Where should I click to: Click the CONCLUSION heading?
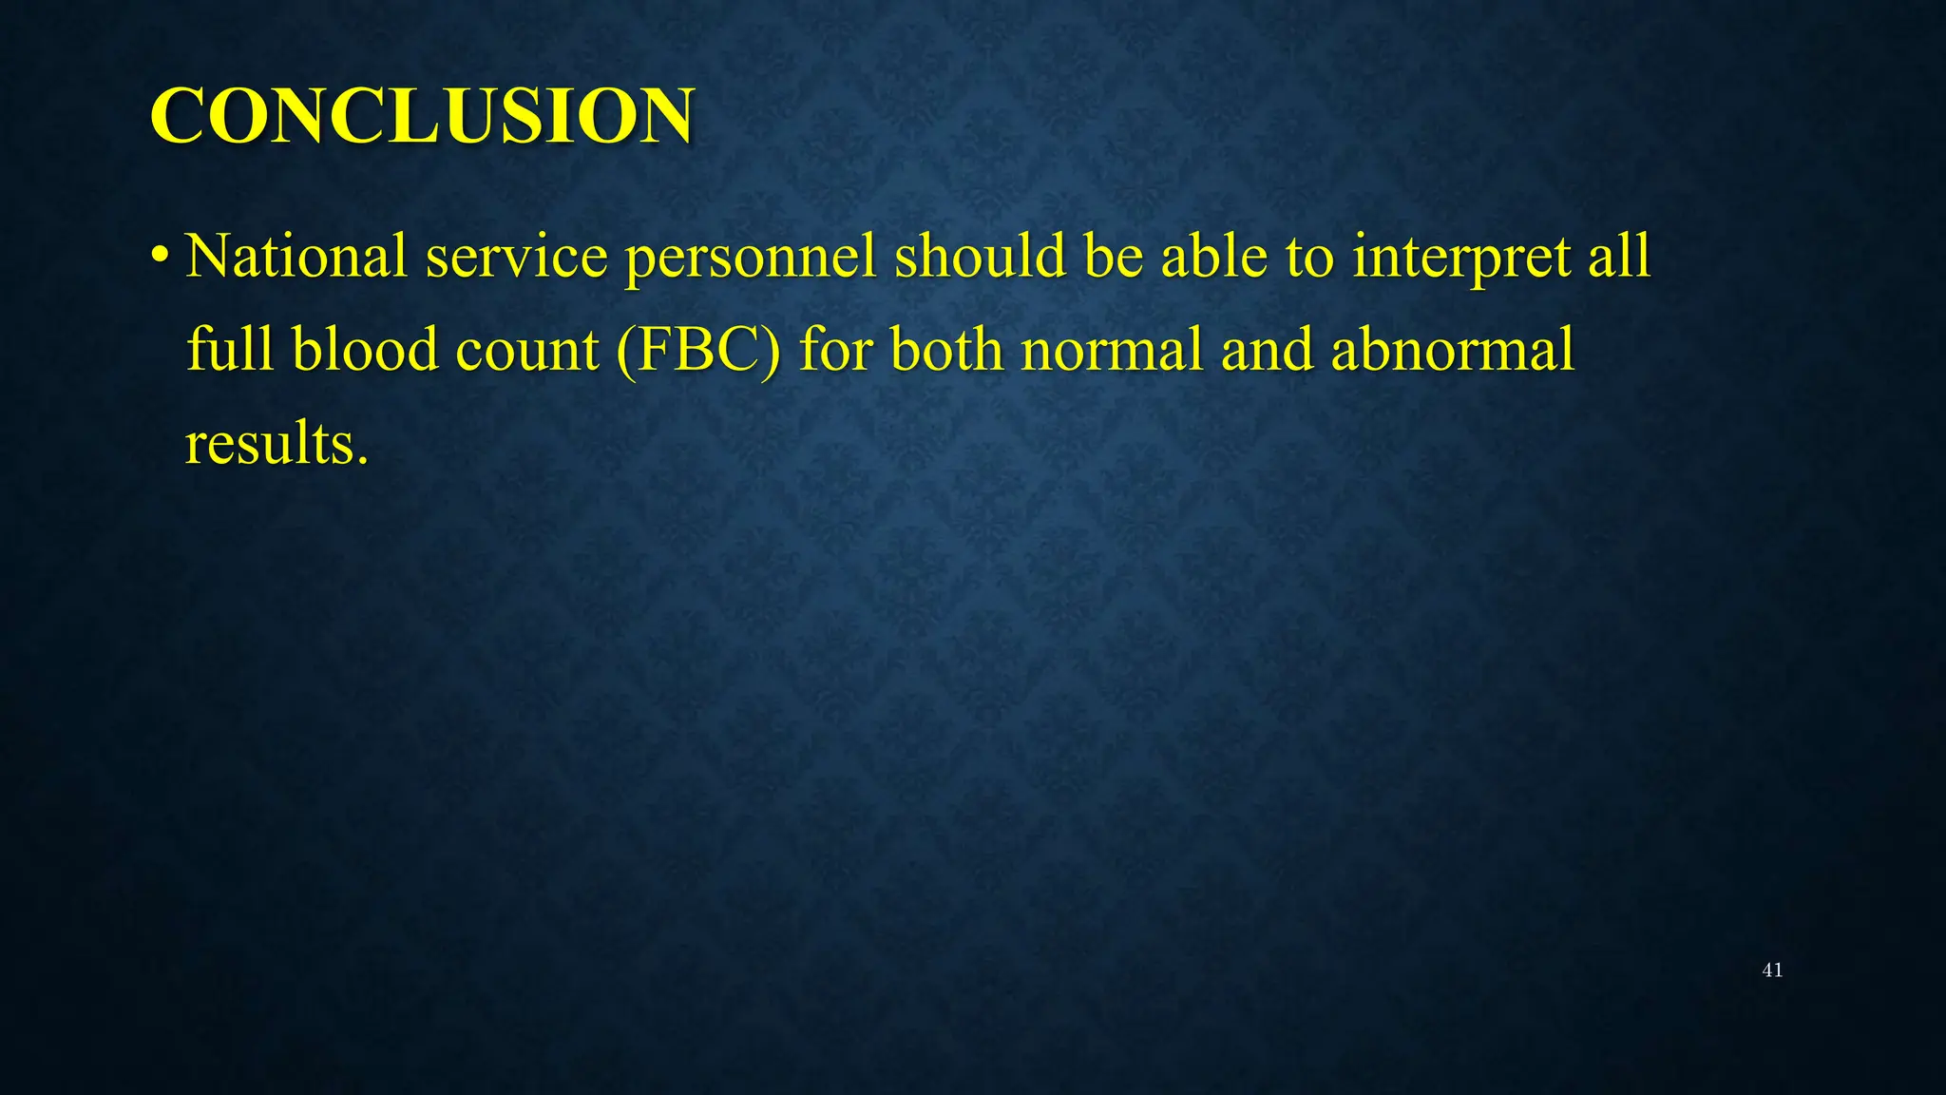coord(422,116)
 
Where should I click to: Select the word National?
coord(296,257)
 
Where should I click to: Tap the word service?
coord(516,257)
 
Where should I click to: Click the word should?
coord(980,257)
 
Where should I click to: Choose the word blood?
coord(366,349)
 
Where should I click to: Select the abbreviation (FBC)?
coord(698,350)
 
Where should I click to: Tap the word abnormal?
coord(1453,349)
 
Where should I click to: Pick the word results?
coord(276,443)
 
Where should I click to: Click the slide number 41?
coord(1772,970)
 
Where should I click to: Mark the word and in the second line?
coord(1267,349)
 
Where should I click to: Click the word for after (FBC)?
coord(835,349)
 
